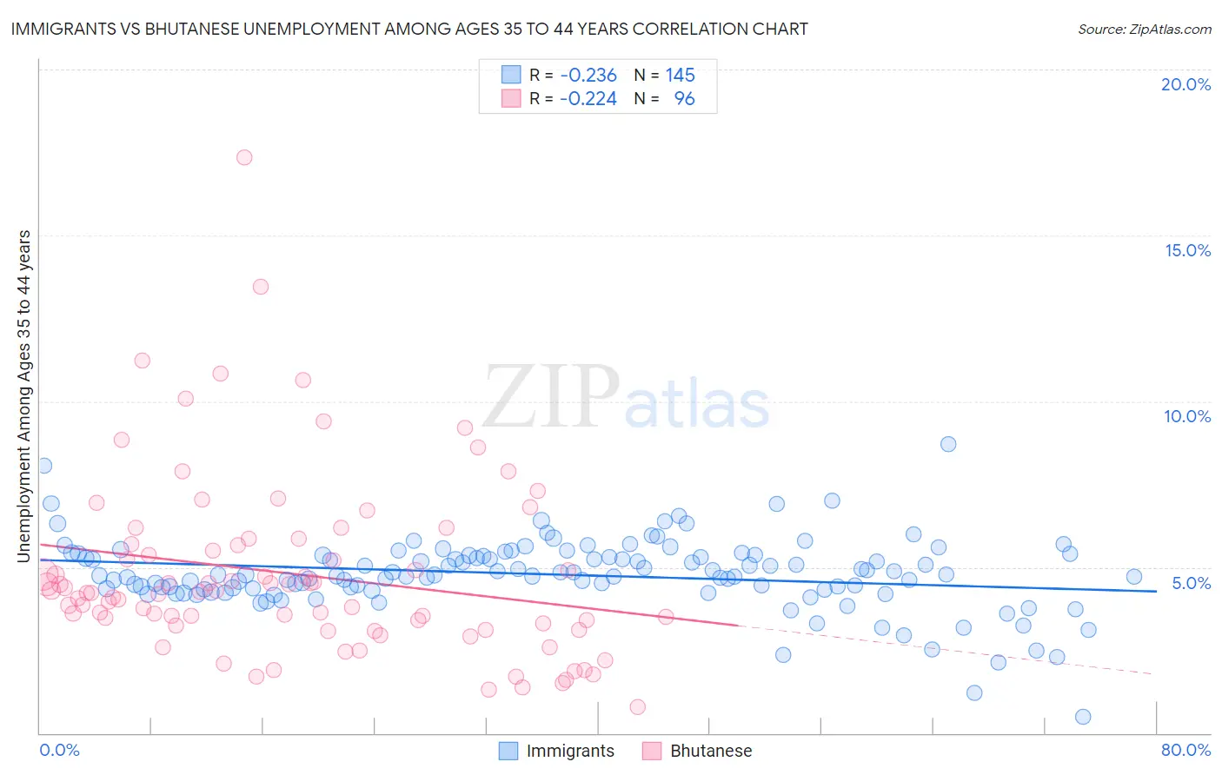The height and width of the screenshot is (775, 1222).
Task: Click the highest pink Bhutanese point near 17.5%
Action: pyautogui.click(x=244, y=157)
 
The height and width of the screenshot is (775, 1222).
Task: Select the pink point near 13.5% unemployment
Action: pyautogui.click(x=260, y=287)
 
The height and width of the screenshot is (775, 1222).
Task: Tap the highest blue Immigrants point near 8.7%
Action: pyautogui.click(x=948, y=444)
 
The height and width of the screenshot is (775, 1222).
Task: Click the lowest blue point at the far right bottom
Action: pyautogui.click(x=1083, y=717)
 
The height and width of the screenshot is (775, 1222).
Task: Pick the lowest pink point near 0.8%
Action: pyautogui.click(x=637, y=707)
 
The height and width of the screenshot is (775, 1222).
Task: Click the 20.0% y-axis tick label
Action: pyautogui.click(x=1185, y=84)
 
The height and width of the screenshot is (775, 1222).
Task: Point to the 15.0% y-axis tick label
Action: pyautogui.click(x=1187, y=250)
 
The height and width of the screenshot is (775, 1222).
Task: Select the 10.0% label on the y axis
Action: pyautogui.click(x=1187, y=416)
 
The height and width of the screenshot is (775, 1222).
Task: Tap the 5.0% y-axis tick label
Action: pyautogui.click(x=1191, y=583)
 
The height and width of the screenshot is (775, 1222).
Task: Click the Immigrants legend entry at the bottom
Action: pyautogui.click(x=569, y=752)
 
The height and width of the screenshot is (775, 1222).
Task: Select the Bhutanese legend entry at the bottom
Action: pyautogui.click(x=710, y=752)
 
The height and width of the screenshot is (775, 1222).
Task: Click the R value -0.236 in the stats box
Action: pyautogui.click(x=588, y=76)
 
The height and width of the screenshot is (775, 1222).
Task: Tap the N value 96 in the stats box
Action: pyautogui.click(x=685, y=99)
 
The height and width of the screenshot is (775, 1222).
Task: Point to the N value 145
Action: pyautogui.click(x=680, y=76)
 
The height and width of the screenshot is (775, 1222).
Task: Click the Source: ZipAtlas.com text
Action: pyautogui.click(x=1144, y=30)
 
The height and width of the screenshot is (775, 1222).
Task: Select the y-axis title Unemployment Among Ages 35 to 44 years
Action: pyautogui.click(x=24, y=396)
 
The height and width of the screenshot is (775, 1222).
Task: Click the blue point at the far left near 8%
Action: pyautogui.click(x=43, y=466)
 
